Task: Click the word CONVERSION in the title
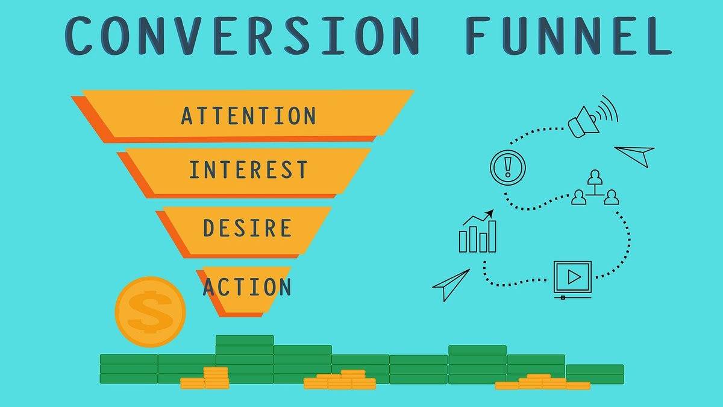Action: click(242, 36)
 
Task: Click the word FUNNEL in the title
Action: click(569, 36)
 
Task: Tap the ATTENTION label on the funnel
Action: click(248, 116)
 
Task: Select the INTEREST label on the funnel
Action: click(248, 169)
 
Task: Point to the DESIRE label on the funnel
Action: click(248, 228)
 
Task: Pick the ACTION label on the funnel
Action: click(247, 286)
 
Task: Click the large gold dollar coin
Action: click(151, 312)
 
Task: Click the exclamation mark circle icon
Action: click(508, 168)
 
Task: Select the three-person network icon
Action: click(595, 188)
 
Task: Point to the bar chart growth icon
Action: click(477, 231)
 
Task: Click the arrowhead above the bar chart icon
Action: click(489, 213)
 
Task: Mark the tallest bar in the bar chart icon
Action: click(492, 236)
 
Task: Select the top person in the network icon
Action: click(595, 177)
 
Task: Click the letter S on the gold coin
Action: click(150, 312)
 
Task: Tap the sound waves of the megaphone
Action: click(607, 110)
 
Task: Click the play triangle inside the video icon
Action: click(574, 277)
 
